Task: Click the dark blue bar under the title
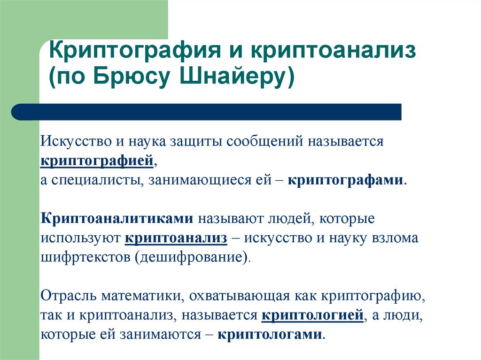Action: (207, 112)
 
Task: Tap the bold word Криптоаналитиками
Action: (117, 218)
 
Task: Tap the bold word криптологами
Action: (271, 335)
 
